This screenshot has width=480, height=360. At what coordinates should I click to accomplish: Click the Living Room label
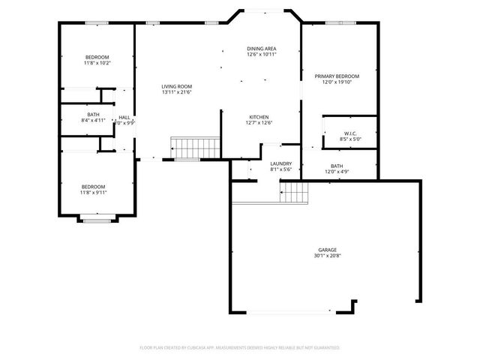pos(177,86)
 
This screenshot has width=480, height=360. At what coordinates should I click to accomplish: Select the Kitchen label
pos(259,117)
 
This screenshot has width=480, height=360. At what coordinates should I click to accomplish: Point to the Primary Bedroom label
pos(337,76)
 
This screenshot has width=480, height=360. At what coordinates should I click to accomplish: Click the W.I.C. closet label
pos(350,133)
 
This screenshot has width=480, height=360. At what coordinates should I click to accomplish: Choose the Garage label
pos(327,250)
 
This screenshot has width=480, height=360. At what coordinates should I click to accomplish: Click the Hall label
pos(124,118)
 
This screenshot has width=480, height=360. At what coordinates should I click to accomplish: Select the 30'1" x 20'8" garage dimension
pos(327,256)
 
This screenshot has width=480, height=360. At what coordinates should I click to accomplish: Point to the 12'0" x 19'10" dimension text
pos(337,82)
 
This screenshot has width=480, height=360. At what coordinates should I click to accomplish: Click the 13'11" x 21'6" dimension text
pos(177,92)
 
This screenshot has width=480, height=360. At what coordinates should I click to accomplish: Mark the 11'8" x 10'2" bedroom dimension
pos(97,63)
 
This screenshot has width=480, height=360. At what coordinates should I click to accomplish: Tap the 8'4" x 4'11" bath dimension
pos(93,120)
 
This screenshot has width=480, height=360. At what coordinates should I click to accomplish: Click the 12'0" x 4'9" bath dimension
pos(337,172)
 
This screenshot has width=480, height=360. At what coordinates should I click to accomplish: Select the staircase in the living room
pos(195,147)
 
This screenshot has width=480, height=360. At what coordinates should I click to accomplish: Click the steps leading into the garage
pos(295,194)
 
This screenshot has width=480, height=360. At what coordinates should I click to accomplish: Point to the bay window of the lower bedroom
pos(97,220)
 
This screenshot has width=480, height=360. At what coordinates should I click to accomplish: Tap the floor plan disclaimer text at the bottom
pos(240,348)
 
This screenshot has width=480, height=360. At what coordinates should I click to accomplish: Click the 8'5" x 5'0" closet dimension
pos(350,139)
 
